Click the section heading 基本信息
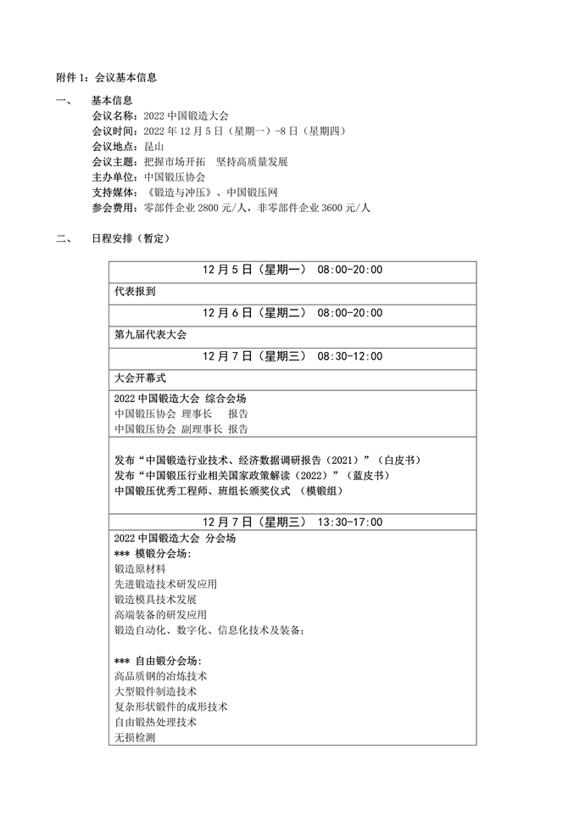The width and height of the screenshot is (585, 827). tap(111, 100)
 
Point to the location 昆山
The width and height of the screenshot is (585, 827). tap(154, 146)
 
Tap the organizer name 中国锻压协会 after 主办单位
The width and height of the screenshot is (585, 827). tap(175, 176)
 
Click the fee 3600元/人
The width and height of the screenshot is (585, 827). tap(348, 208)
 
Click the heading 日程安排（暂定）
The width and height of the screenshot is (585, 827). tap(131, 239)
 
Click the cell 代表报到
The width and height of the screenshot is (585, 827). tap(135, 291)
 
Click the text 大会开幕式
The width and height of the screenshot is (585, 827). tap(140, 377)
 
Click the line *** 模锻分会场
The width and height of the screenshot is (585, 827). tap(153, 554)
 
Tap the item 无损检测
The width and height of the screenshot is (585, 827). tap(134, 737)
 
